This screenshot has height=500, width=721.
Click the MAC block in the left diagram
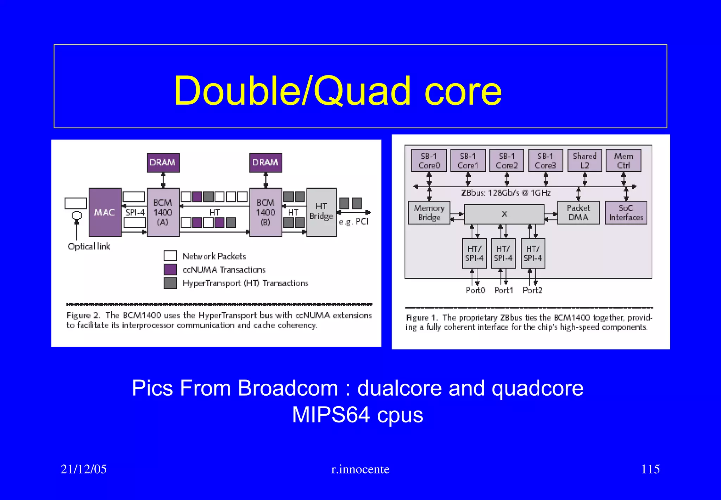(105, 212)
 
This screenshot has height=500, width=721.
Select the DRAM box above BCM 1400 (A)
(163, 163)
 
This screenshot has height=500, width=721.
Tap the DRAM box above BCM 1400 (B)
(265, 163)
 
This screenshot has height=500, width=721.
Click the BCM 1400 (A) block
(163, 212)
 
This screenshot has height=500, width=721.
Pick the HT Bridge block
(321, 212)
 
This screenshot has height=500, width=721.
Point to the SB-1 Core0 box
(429, 160)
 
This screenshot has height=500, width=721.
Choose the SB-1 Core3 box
(545, 160)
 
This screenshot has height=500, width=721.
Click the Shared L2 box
(584, 160)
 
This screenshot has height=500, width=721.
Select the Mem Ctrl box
(623, 160)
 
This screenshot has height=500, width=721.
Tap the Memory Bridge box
(429, 213)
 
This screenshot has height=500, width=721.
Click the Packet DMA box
(578, 213)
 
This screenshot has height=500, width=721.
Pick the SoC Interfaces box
(626, 213)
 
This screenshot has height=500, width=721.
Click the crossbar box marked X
(504, 214)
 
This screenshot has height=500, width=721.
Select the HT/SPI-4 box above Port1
(503, 254)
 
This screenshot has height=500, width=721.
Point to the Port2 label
(532, 291)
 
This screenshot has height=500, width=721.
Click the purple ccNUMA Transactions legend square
(170, 270)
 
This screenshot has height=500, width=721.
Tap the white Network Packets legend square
(170, 256)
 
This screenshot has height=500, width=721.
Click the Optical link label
(89, 246)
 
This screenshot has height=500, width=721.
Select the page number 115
(650, 469)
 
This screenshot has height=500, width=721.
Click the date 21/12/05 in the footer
(84, 469)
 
